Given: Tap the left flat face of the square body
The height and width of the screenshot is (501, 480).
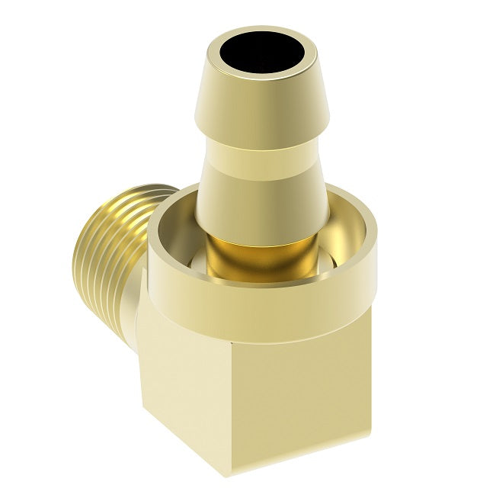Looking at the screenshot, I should tap(179, 381).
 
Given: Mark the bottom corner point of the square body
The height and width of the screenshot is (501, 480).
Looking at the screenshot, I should tap(229, 477).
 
